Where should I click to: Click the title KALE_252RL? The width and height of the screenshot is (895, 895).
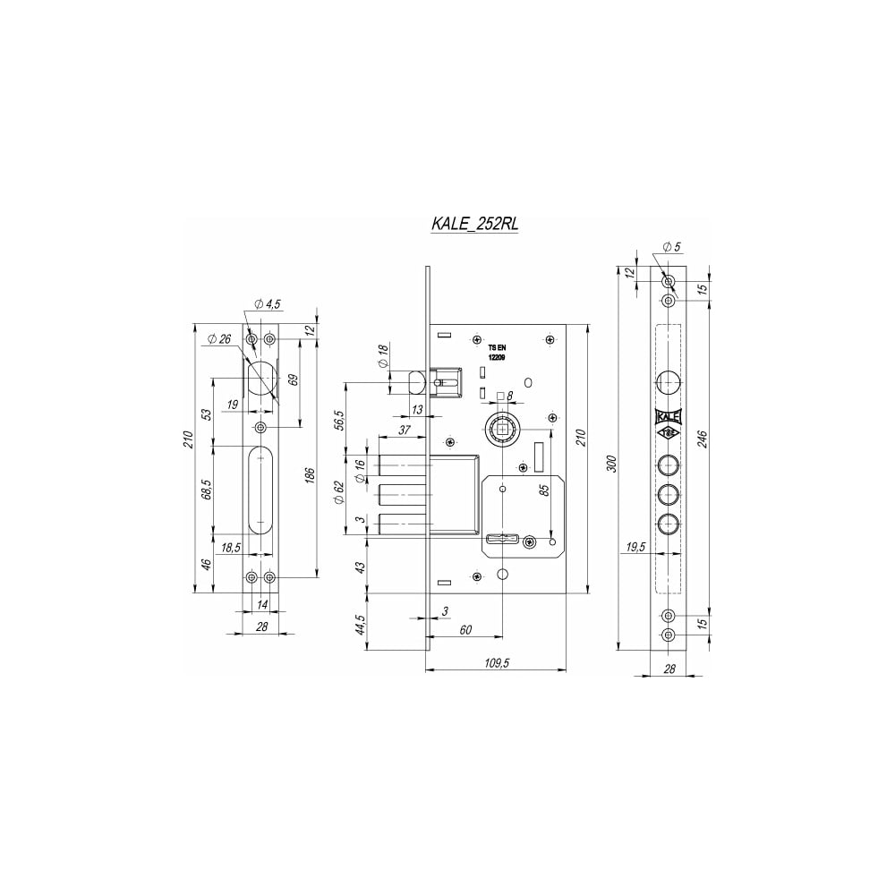(474, 224)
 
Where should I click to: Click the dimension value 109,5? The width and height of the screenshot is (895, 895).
(496, 662)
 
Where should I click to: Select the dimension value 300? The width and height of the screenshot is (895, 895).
(610, 463)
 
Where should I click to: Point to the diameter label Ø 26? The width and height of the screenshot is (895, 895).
(220, 339)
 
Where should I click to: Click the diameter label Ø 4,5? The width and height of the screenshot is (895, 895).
(267, 304)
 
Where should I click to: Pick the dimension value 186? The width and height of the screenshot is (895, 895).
(309, 476)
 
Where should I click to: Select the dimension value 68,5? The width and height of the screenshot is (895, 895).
(207, 490)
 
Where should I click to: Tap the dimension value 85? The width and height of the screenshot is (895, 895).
(544, 490)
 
